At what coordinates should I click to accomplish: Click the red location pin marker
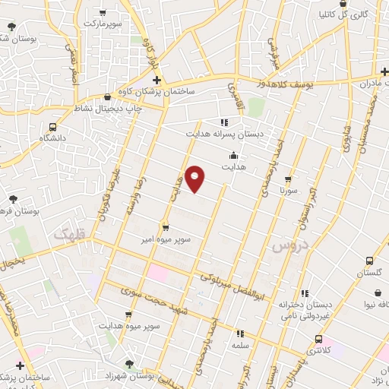click(195, 178)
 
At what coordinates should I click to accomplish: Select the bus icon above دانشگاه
click(52, 127)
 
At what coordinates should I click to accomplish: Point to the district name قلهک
click(71, 238)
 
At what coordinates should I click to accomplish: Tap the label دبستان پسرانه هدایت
click(224, 134)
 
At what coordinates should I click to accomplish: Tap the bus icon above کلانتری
click(318, 339)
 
